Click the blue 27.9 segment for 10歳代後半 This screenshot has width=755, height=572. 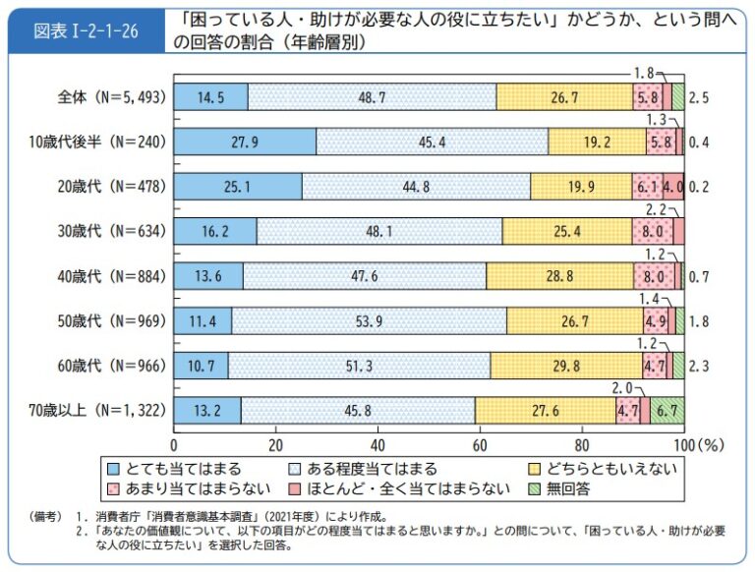(245, 141)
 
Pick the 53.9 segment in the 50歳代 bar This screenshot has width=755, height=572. (369, 318)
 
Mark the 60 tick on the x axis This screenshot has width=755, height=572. (480, 442)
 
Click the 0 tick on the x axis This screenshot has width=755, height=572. (175, 442)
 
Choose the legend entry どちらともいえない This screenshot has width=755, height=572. (615, 469)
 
